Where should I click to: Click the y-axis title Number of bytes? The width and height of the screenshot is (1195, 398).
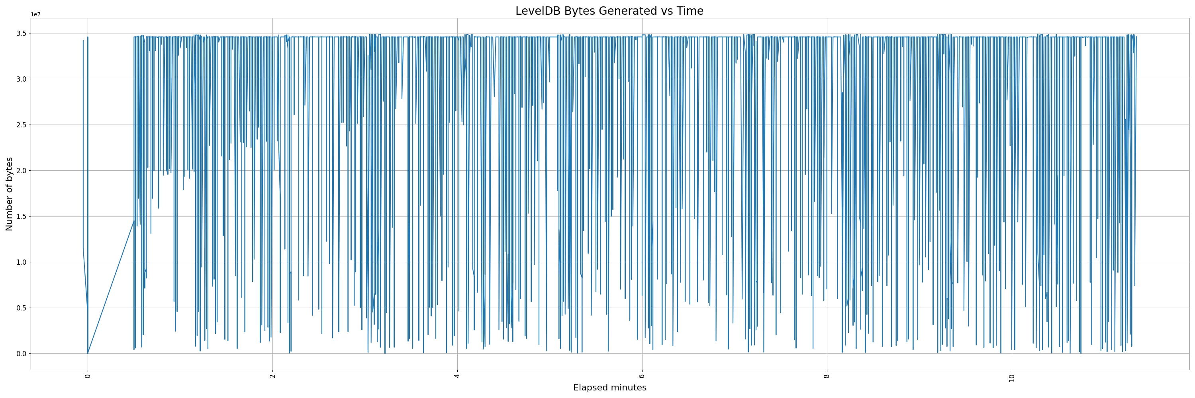pyautogui.click(x=9, y=194)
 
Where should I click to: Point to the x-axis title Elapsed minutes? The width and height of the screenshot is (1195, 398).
pyautogui.click(x=609, y=388)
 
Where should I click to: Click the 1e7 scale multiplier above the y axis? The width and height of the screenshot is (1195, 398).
pyautogui.click(x=36, y=15)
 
